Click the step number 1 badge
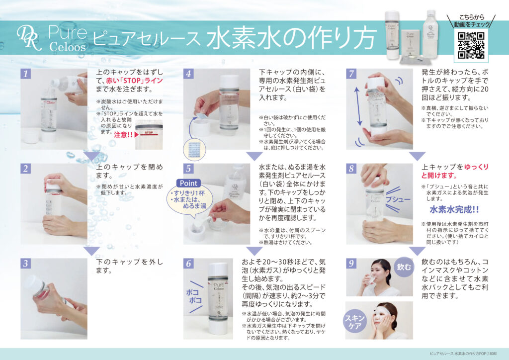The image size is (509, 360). pos(26,74)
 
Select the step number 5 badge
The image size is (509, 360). pos(189,169)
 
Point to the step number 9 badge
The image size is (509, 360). pos(351,264)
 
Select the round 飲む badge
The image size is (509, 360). pos(404,267)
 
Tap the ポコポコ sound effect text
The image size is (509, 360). pos(193,296)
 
